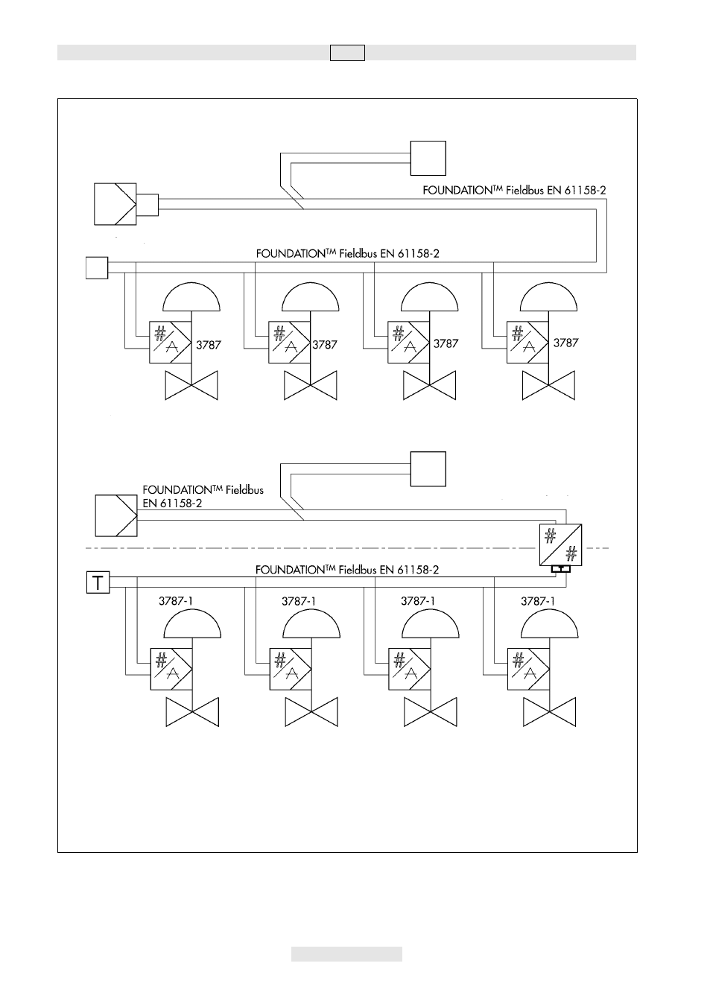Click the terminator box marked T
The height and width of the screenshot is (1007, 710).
pyautogui.click(x=98, y=582)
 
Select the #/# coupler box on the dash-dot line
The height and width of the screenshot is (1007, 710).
pyautogui.click(x=560, y=545)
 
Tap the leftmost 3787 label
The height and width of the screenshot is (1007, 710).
pyautogui.click(x=209, y=346)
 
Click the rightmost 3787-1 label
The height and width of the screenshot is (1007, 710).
pyautogui.click(x=538, y=601)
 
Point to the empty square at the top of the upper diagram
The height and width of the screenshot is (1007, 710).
pyautogui.click(x=428, y=158)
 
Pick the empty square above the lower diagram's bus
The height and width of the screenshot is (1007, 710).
pyautogui.click(x=428, y=469)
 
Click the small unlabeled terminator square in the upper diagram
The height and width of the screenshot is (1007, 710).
pyautogui.click(x=97, y=268)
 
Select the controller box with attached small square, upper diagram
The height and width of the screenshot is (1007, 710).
pyautogui.click(x=126, y=204)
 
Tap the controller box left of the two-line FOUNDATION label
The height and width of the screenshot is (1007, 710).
pyautogui.click(x=116, y=515)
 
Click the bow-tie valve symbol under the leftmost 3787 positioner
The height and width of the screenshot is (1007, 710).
pyautogui.click(x=191, y=385)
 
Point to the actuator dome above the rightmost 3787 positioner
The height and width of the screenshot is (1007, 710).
pyautogui.click(x=548, y=296)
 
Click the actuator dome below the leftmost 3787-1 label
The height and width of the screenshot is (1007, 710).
pyautogui.click(x=192, y=623)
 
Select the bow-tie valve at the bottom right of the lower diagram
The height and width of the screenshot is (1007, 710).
pyautogui.click(x=550, y=712)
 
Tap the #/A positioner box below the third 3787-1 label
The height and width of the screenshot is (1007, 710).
pyautogui.click(x=410, y=669)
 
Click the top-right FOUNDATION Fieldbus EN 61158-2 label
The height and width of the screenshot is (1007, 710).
pyautogui.click(x=514, y=190)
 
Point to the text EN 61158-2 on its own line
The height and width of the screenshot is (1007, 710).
pyautogui.click(x=173, y=503)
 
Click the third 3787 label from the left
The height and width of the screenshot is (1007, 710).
pyautogui.click(x=446, y=344)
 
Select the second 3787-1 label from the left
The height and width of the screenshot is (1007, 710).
pyautogui.click(x=299, y=601)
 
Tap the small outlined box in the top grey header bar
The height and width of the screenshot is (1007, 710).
pyautogui.click(x=348, y=53)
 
